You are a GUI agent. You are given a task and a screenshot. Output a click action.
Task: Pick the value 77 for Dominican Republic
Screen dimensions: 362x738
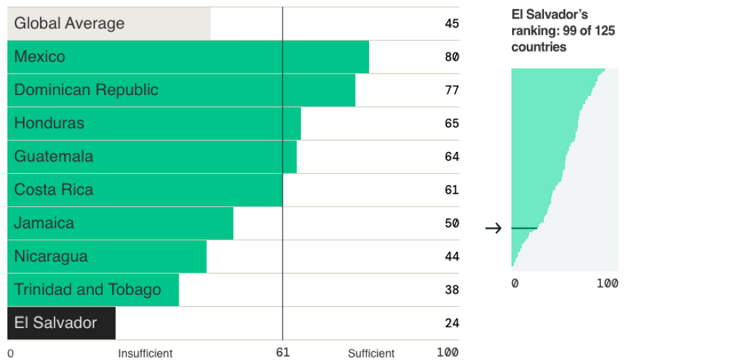(452, 90)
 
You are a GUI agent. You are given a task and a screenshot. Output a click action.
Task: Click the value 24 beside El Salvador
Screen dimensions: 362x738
(452, 323)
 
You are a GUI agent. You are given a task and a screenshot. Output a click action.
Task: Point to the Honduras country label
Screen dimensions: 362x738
(49, 123)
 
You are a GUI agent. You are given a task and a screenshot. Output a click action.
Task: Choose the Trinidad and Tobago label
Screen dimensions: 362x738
(87, 290)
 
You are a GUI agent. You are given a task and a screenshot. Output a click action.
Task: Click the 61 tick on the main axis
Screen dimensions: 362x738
(283, 352)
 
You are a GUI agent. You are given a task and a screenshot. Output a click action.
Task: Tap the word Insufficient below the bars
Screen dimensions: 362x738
(145, 353)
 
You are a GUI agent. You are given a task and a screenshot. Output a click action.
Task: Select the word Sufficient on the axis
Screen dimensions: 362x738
(371, 353)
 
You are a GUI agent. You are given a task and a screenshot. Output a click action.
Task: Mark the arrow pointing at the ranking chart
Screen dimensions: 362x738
(493, 229)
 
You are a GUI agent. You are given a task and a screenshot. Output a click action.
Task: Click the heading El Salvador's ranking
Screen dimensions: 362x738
(564, 30)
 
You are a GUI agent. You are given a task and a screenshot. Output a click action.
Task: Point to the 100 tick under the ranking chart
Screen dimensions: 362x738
(607, 284)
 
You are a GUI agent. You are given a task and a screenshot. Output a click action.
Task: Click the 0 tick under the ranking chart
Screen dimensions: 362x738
(515, 284)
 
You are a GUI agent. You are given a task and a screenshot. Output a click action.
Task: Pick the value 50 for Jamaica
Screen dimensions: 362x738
(452, 223)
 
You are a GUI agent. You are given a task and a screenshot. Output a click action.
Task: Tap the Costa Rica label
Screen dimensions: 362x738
(54, 189)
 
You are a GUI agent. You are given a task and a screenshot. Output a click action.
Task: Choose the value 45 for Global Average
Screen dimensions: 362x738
(452, 24)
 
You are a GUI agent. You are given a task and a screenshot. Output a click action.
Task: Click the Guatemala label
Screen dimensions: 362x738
(54, 156)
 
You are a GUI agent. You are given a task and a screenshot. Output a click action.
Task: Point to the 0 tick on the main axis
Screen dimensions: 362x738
(10, 353)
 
